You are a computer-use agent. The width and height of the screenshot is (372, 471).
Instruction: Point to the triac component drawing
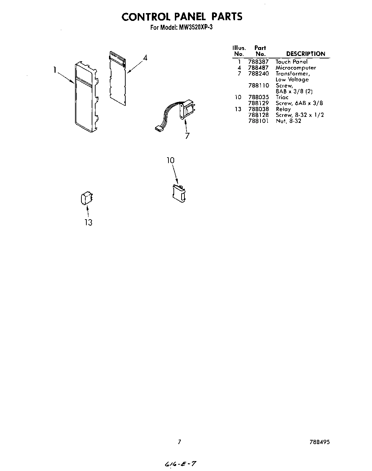point(179,193)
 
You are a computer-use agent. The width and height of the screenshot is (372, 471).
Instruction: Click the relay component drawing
point(87,199)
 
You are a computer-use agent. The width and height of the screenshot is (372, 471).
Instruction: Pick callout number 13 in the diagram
point(88,222)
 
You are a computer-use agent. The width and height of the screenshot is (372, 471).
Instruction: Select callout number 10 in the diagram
point(171,160)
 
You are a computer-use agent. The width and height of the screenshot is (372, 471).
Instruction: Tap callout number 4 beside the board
point(145,58)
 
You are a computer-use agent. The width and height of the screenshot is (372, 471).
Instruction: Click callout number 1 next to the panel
point(55,70)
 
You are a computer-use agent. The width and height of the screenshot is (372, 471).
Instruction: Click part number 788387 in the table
point(258,62)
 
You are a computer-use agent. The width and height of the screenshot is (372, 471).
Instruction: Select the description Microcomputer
point(296,68)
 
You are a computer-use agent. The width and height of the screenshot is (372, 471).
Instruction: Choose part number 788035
point(258,97)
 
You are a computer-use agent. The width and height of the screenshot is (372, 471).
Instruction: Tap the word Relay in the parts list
point(283,109)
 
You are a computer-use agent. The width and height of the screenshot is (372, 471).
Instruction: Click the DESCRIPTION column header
point(305,54)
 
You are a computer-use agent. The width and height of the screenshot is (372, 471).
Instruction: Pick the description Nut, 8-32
point(288,121)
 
